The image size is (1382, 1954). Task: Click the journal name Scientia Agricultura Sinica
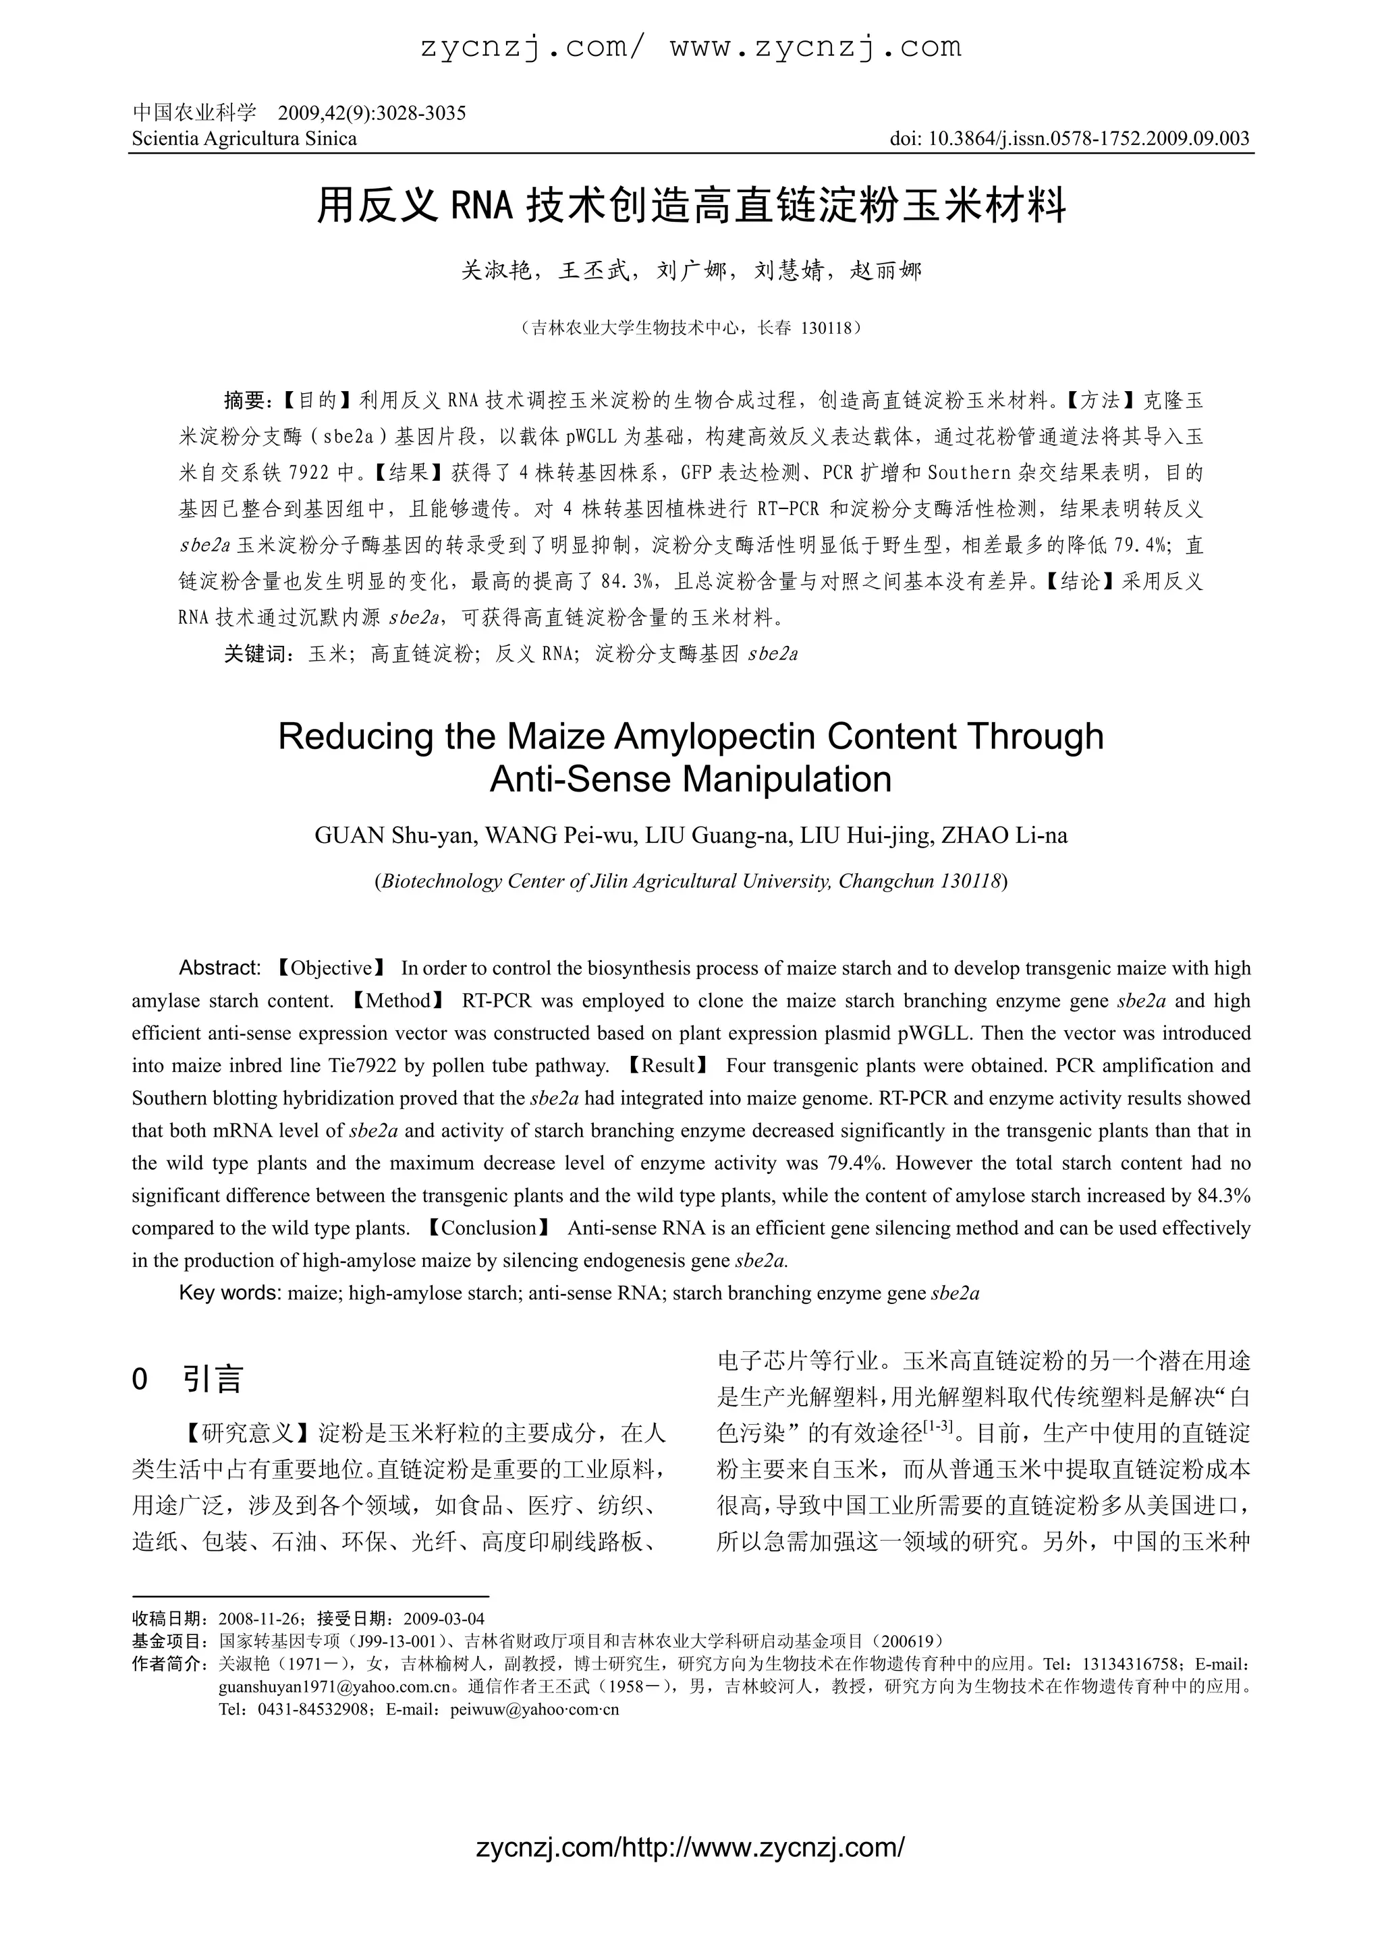pyautogui.click(x=244, y=139)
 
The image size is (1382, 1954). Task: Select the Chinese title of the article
pyautogui.click(x=690, y=207)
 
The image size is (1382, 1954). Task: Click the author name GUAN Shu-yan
pyautogui.click(x=393, y=835)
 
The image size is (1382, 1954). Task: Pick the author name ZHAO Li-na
pyautogui.click(x=1004, y=835)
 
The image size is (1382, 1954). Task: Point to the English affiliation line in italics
pyautogui.click(x=690, y=881)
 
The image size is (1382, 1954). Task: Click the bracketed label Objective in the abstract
pyautogui.click(x=331, y=968)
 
